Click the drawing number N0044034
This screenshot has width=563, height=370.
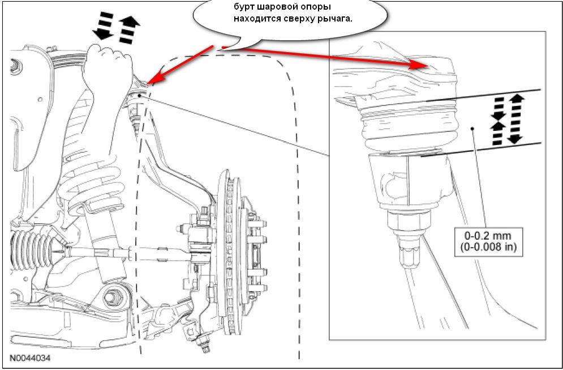pyautogui.click(x=30, y=358)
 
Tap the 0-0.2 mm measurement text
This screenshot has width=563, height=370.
pyautogui.click(x=488, y=236)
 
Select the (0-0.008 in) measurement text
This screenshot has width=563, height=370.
pyautogui.click(x=488, y=248)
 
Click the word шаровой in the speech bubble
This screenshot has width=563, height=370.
pyautogui.click(x=278, y=7)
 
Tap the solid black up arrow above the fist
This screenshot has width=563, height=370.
pyautogui.click(x=129, y=30)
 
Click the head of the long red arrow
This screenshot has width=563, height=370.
pyautogui.click(x=420, y=66)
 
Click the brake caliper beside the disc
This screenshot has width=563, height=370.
pyautogui.click(x=255, y=248)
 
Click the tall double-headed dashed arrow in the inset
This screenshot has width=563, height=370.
pyautogui.click(x=515, y=118)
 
